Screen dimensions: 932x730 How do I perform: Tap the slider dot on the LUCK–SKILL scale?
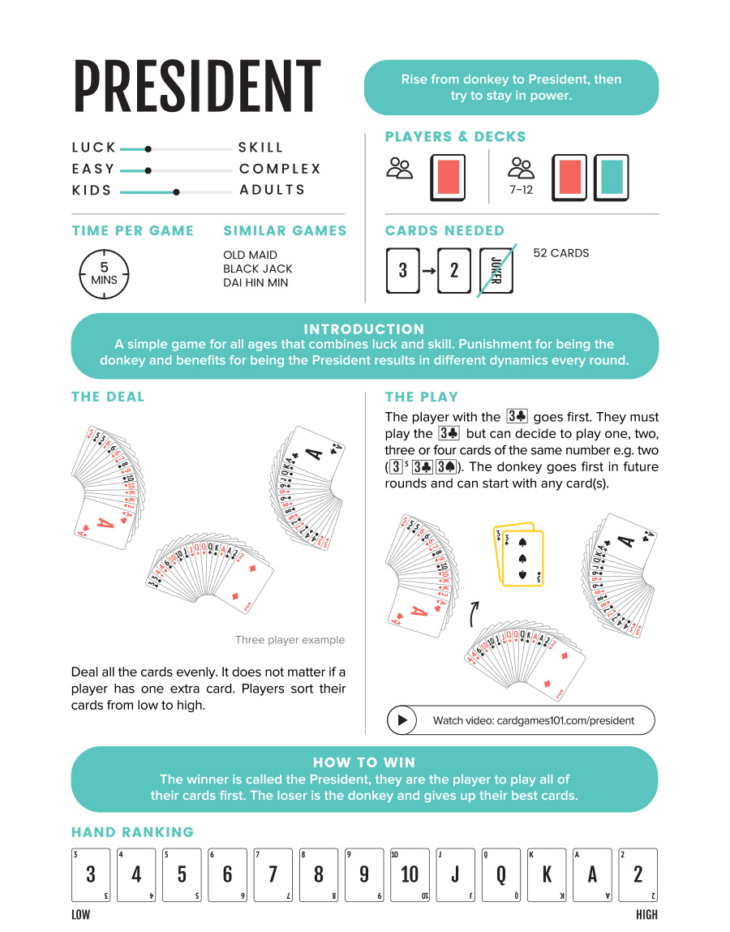click(148, 148)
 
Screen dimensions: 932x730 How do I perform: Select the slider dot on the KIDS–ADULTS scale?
click(176, 192)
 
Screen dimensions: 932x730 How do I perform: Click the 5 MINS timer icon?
click(104, 273)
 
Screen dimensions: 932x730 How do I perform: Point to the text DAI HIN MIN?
click(255, 282)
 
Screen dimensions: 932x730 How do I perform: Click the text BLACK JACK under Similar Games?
click(257, 268)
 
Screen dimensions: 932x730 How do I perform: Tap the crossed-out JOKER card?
click(497, 270)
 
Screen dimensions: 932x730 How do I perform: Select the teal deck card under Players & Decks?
click(612, 177)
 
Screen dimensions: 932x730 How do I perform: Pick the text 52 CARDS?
click(560, 253)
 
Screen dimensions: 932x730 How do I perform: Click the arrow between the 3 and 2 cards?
click(429, 270)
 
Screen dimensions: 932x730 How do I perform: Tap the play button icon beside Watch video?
click(401, 720)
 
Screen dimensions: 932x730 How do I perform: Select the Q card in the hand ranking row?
click(501, 874)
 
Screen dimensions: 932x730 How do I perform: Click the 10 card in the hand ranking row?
click(410, 874)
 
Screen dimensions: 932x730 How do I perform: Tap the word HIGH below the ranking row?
click(646, 915)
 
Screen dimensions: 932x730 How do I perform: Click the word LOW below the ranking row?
click(81, 915)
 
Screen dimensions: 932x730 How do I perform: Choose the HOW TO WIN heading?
click(364, 762)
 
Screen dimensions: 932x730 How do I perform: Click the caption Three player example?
click(290, 640)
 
